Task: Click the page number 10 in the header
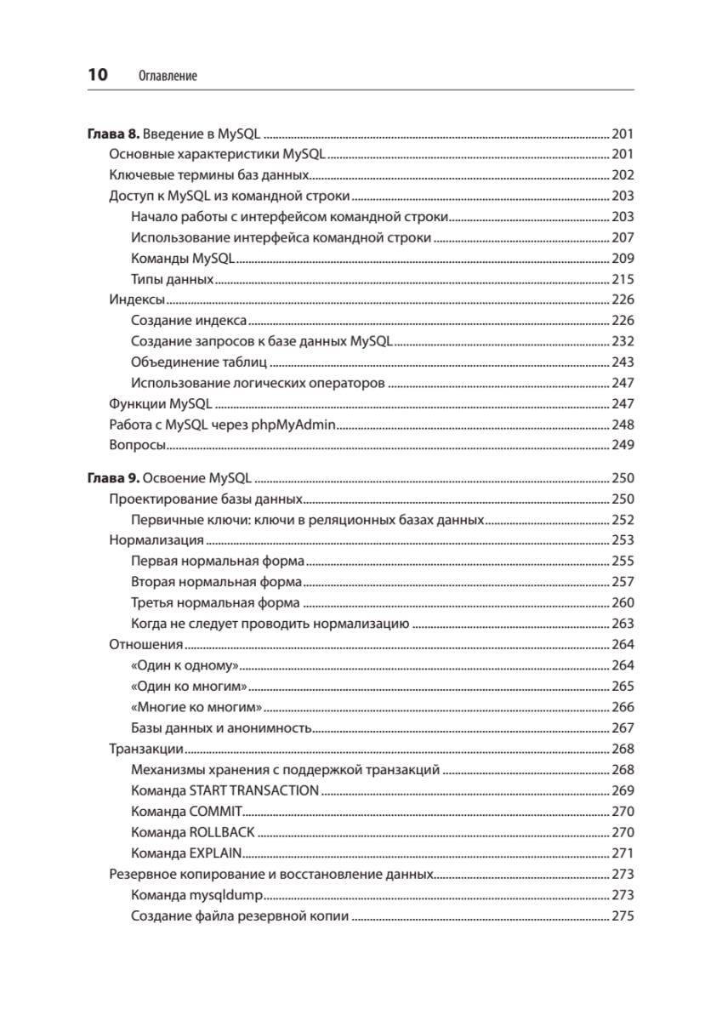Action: [x=97, y=75]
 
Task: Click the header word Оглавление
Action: [x=167, y=76]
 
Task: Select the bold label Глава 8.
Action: [x=113, y=134]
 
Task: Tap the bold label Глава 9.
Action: [x=113, y=478]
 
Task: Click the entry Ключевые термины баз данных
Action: [x=208, y=175]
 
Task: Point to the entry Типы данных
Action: [x=173, y=279]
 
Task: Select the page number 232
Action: [x=623, y=341]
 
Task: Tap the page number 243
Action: [x=623, y=362]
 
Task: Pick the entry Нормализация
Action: [x=156, y=540]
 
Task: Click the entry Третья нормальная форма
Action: [x=215, y=603]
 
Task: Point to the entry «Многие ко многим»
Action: [x=196, y=707]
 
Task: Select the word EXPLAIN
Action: [x=216, y=853]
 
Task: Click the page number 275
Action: [x=623, y=915]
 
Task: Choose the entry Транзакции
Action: [x=147, y=749]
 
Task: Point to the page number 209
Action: [x=623, y=259]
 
